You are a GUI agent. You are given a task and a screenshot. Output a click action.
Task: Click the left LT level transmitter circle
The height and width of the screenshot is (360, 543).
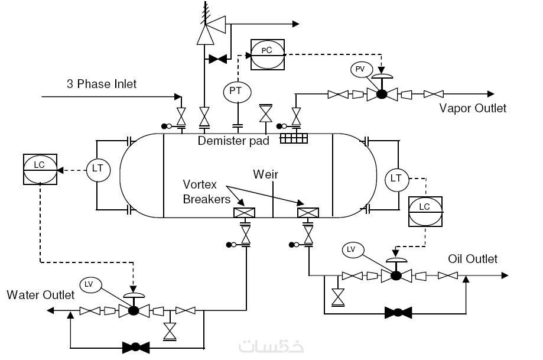coord(97,168)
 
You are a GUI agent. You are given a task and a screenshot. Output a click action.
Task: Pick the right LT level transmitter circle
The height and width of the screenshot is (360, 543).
coord(396,177)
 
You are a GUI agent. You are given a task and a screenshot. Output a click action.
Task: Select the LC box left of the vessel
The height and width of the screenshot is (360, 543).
coord(40,170)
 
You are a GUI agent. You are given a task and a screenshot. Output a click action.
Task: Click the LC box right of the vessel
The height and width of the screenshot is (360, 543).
coord(424,210)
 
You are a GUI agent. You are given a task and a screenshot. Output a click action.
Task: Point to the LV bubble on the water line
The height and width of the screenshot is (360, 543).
coord(89,284)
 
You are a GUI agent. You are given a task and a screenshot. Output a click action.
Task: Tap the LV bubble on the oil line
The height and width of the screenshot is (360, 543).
coord(352,249)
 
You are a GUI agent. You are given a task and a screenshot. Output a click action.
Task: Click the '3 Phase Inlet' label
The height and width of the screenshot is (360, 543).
coord(101,84)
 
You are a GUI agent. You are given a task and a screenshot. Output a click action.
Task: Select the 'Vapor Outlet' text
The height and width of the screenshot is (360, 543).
coord(473,108)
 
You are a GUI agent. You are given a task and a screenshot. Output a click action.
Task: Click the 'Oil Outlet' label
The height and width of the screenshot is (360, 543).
coord(473,259)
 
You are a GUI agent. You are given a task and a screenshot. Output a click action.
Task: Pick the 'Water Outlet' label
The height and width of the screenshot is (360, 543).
coord(40,294)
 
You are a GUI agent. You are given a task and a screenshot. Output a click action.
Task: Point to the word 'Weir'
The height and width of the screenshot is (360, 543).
coord(265,174)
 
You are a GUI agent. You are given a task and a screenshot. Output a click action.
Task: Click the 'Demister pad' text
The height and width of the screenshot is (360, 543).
coord(233,141)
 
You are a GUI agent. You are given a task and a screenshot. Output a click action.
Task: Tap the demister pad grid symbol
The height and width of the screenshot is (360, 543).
coord(294,138)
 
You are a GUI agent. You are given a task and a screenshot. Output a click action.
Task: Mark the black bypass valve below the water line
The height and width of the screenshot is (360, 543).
coord(135,347)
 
